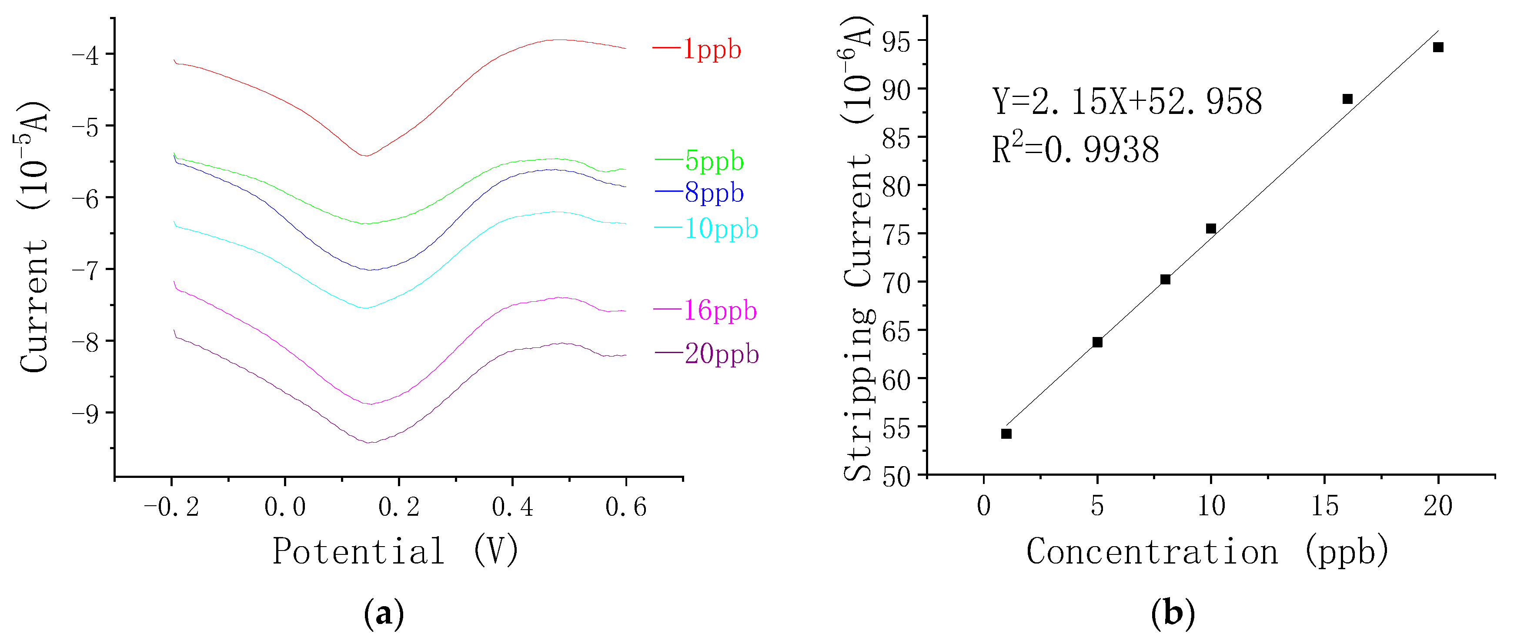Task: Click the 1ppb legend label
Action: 711,50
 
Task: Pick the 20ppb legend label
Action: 722,354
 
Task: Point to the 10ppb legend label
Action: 721,229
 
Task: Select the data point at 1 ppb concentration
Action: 1006,434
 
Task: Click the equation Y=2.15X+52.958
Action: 1126,102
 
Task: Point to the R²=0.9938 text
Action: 1076,149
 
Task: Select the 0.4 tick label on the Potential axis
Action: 512,507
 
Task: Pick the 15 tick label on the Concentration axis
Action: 1325,506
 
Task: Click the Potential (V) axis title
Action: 395,551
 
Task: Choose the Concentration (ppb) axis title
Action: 1207,551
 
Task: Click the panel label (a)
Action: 384,614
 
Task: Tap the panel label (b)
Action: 1173,614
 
